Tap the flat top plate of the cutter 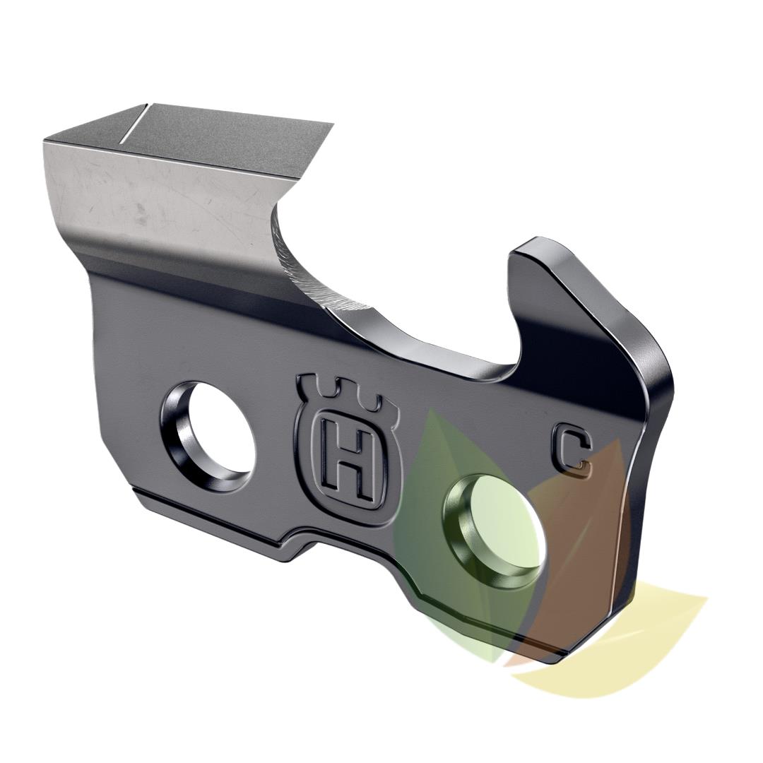(212, 138)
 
